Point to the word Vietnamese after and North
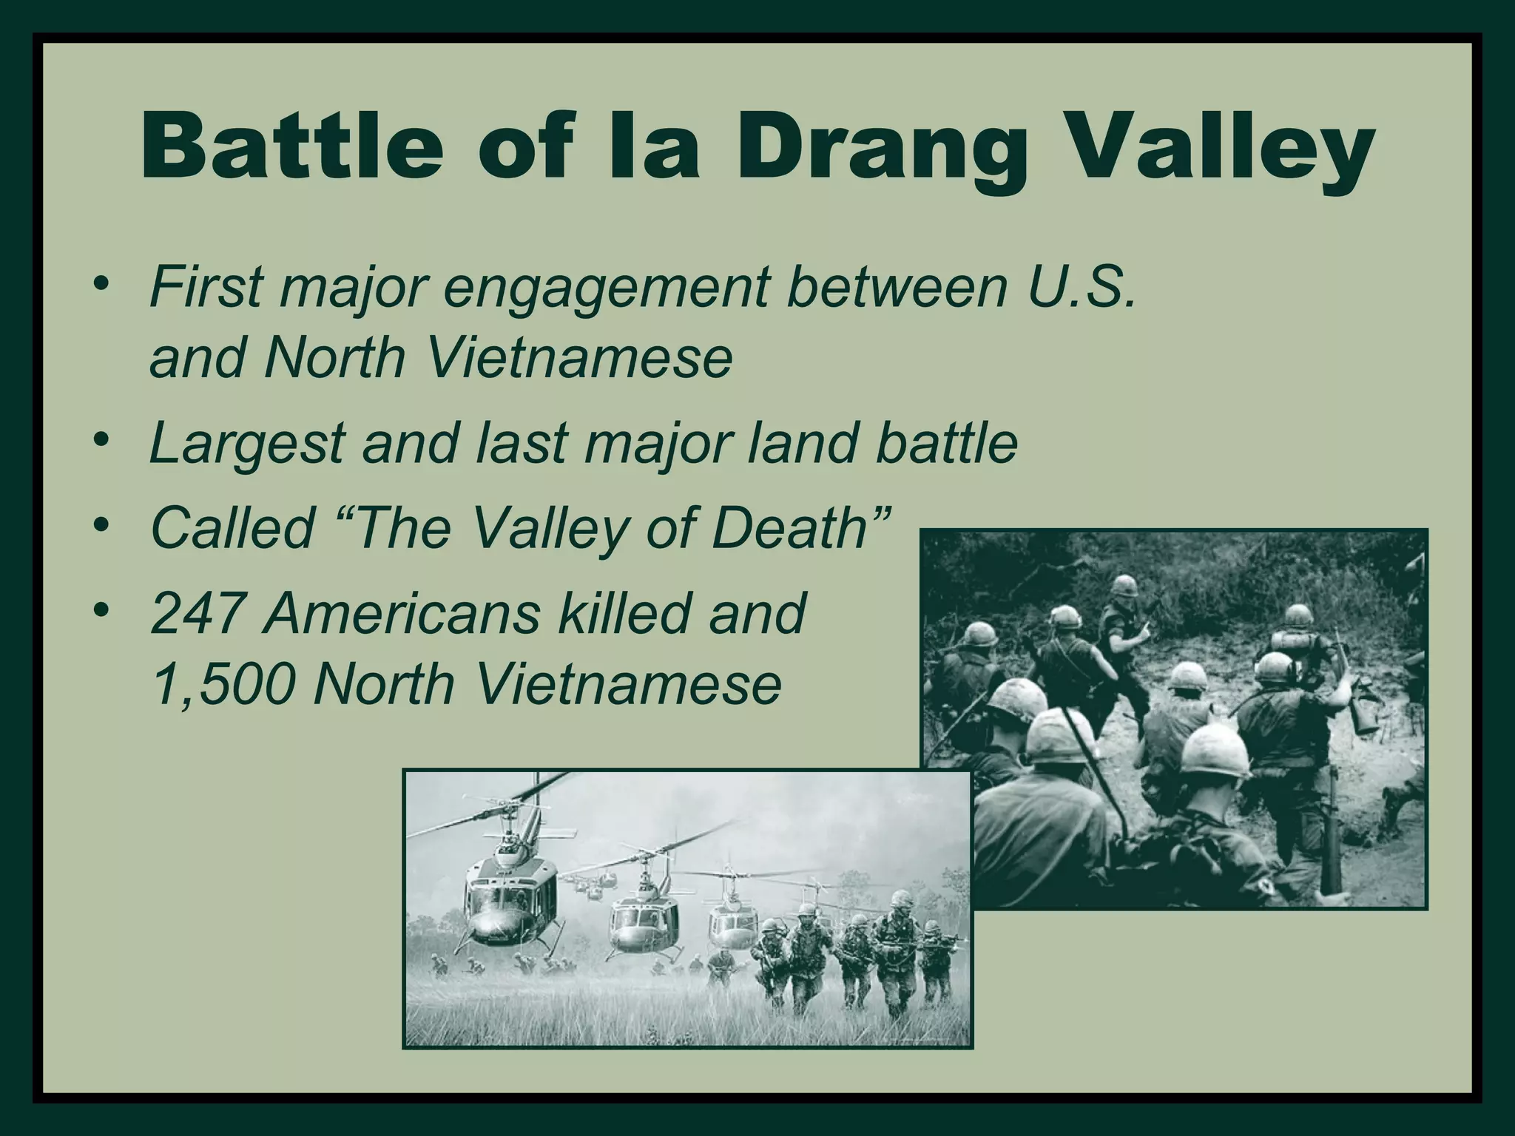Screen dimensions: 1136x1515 click(581, 358)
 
